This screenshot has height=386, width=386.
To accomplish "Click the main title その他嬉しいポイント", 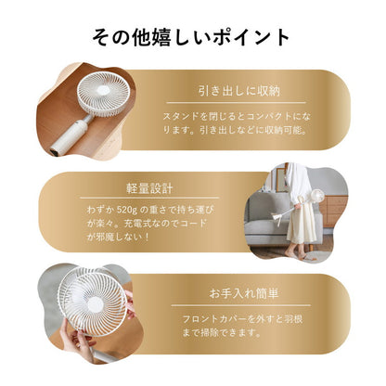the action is coord(191,37).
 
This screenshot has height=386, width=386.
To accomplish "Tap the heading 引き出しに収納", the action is coord(239,91).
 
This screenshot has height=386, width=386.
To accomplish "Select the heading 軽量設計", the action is coord(149,188).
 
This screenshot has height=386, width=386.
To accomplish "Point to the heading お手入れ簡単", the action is coord(244,293).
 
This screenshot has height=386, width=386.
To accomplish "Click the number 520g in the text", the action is coord(126,210).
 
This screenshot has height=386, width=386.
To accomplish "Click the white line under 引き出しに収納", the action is coord(236,103).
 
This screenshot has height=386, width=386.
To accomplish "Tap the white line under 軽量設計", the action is coord(149,198).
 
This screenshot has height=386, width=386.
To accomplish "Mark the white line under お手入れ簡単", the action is coord(240,305).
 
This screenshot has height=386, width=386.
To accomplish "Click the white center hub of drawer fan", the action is coord(104,91).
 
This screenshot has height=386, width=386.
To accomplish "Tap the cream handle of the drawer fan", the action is coord(69,137).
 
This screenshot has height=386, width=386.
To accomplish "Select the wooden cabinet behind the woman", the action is coord(333,211).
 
